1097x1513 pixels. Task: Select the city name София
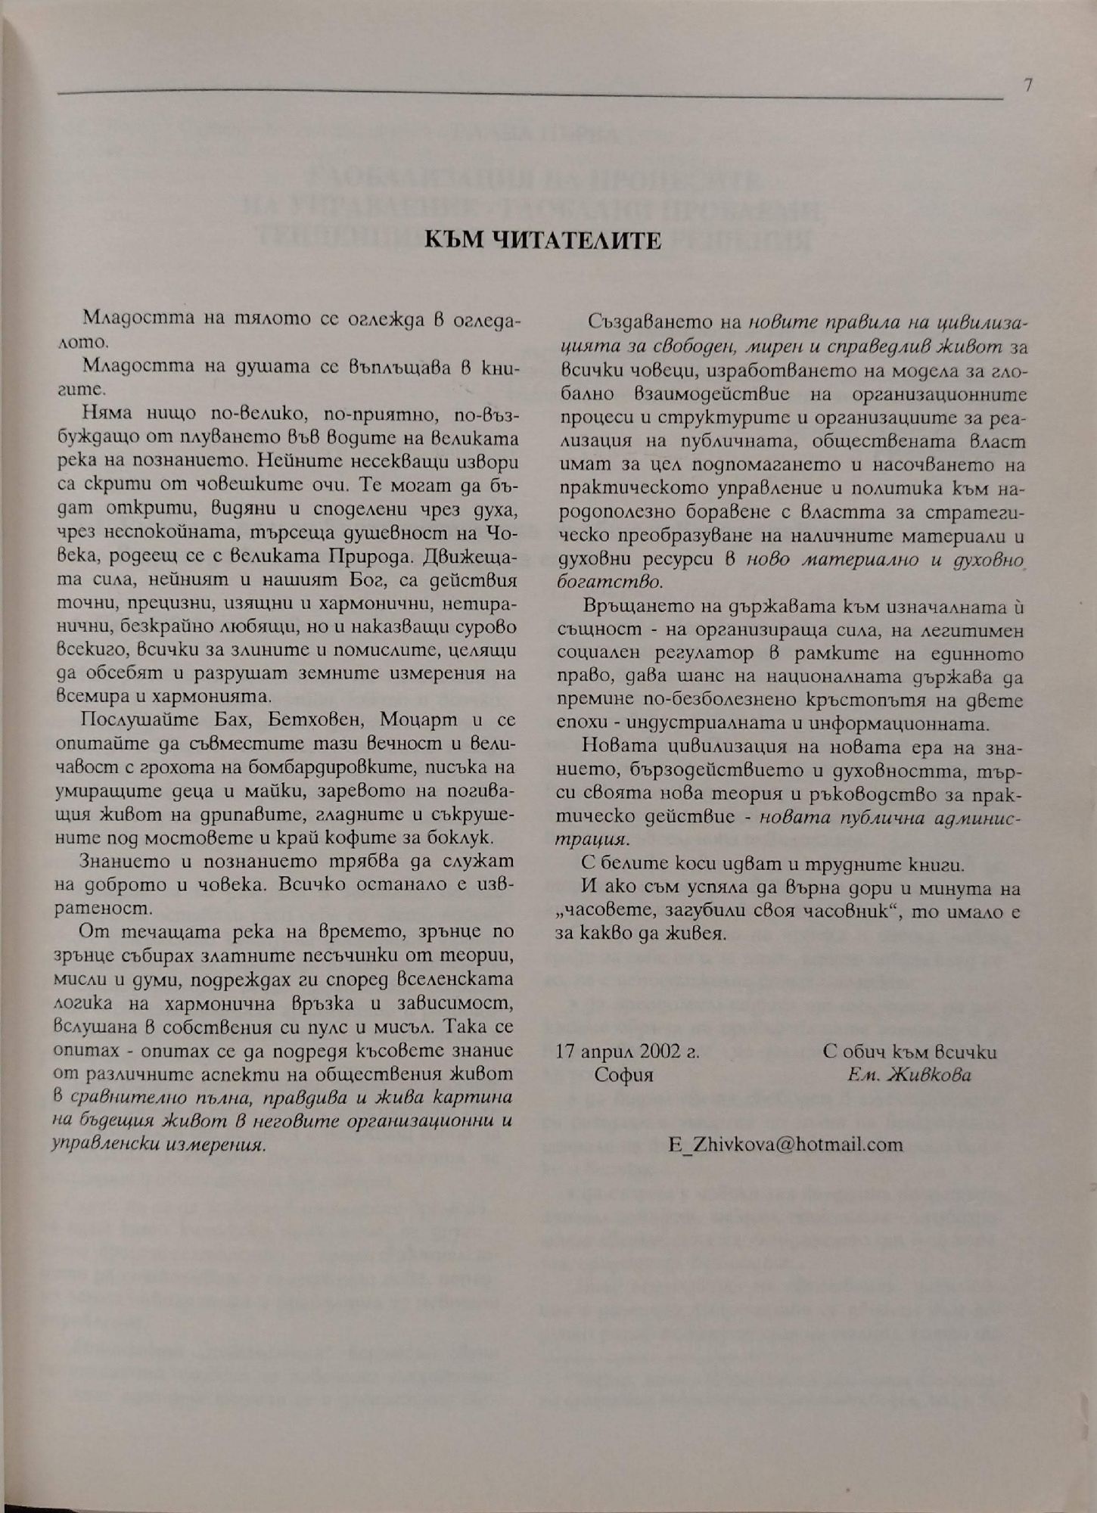623,1074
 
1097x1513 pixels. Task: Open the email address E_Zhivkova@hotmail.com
785,1143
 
